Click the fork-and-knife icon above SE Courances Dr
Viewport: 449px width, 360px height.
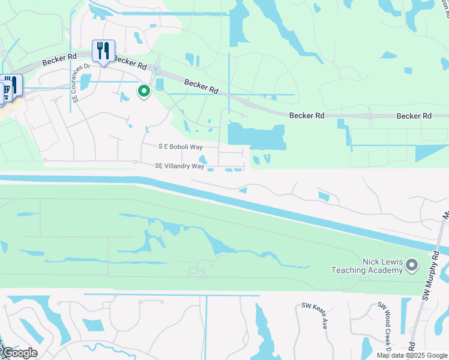click(103, 50)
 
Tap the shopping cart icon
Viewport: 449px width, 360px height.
click(6, 89)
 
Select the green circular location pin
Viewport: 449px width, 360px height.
click(144, 91)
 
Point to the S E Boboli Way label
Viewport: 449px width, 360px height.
click(181, 146)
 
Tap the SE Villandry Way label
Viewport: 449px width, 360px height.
click(179, 166)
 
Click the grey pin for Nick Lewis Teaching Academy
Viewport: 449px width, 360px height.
click(412, 264)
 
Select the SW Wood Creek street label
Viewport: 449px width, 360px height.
click(384, 324)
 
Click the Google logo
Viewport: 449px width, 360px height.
click(20, 353)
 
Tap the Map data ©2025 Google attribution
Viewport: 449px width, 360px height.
click(411, 355)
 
